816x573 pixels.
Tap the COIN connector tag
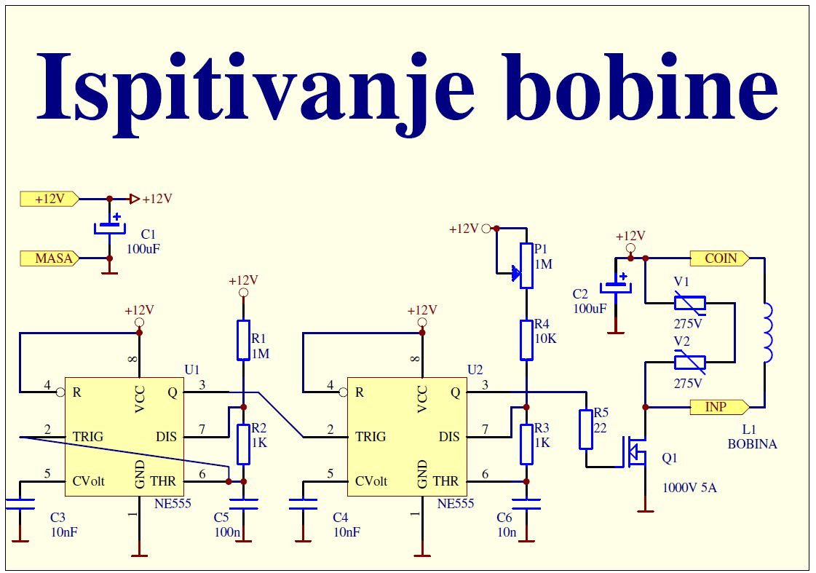[x=720, y=258]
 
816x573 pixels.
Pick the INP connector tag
[x=718, y=406]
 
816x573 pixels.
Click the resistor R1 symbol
[x=243, y=340]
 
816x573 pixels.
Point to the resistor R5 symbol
[x=586, y=430]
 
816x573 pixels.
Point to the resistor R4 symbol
[x=526, y=340]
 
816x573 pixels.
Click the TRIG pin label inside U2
[x=371, y=437]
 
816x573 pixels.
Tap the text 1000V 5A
[x=689, y=488]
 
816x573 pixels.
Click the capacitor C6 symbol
[x=526, y=502]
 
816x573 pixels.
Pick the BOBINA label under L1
[x=753, y=444]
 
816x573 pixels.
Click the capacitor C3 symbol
[x=20, y=504]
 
